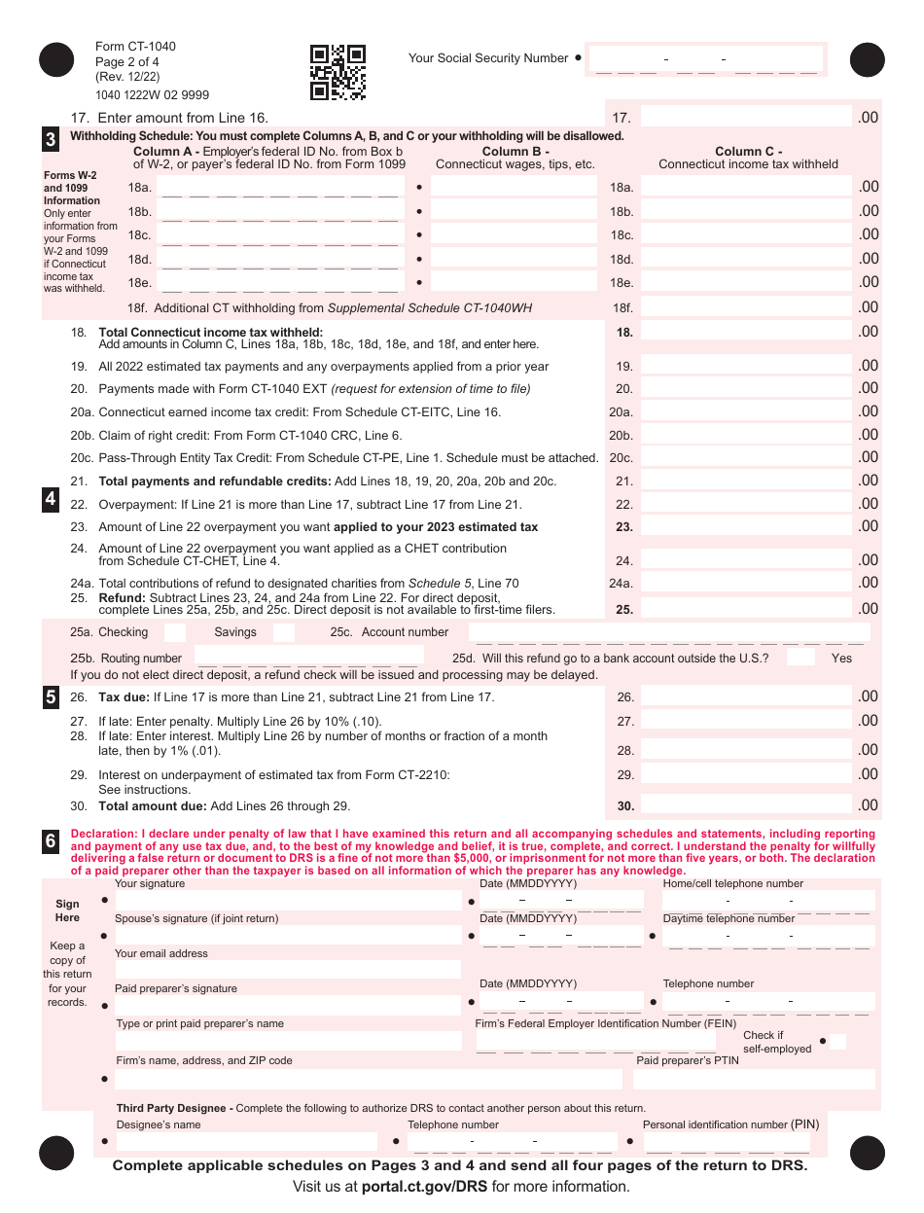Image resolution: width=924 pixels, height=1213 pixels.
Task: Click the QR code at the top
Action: [338, 73]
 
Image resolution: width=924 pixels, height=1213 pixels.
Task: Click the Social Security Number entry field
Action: [706, 59]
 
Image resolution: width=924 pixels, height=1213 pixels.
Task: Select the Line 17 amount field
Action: [746, 118]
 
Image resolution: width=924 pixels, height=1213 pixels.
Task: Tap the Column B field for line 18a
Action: [514, 187]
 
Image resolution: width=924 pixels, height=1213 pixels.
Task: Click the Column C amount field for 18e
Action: [746, 282]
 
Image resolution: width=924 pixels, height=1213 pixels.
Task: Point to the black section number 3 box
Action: [51, 139]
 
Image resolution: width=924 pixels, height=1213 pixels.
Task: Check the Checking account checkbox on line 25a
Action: [175, 632]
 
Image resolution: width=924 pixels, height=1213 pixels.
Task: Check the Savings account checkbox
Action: [284, 632]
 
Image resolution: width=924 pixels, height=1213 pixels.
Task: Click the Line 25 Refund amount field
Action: [746, 609]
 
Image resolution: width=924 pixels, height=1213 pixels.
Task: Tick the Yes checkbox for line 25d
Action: [801, 658]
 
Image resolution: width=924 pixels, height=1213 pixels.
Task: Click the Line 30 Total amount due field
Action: [746, 805]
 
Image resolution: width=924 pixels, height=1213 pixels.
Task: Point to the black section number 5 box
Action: [51, 696]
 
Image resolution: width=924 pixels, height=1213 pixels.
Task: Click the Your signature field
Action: [288, 901]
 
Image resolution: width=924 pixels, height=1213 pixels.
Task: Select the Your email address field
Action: [288, 969]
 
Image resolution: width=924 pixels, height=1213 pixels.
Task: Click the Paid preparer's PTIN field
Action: [754, 1079]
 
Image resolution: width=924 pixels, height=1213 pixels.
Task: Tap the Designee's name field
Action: [246, 1141]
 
